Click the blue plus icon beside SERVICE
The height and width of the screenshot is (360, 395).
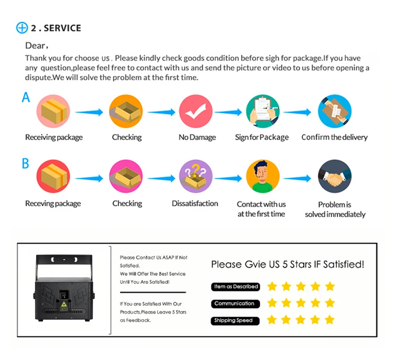tap(22, 28)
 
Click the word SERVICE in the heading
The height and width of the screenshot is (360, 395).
tap(63, 28)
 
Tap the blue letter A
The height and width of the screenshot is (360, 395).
tap(26, 97)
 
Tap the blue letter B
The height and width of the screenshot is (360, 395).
tap(26, 163)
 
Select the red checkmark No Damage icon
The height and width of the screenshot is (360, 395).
tap(196, 111)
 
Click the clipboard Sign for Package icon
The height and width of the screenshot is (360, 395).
tap(263, 111)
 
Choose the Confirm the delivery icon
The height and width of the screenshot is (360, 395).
tap(335, 111)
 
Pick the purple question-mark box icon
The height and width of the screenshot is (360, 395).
tap(196, 177)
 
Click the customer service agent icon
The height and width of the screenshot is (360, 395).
tap(263, 177)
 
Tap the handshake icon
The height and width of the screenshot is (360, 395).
tap(335, 177)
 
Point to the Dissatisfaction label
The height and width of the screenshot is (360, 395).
tap(195, 203)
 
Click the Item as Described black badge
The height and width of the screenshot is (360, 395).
tap(236, 287)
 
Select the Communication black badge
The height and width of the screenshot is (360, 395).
tap(236, 304)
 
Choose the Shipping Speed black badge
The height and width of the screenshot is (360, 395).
tap(235, 321)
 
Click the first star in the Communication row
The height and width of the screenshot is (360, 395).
tap(272, 303)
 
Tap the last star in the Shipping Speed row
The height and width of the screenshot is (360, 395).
tap(329, 320)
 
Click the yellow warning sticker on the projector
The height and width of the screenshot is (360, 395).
tap(64, 305)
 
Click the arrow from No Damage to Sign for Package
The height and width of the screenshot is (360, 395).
tap(228, 112)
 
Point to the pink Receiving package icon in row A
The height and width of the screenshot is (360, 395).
tap(53, 111)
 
